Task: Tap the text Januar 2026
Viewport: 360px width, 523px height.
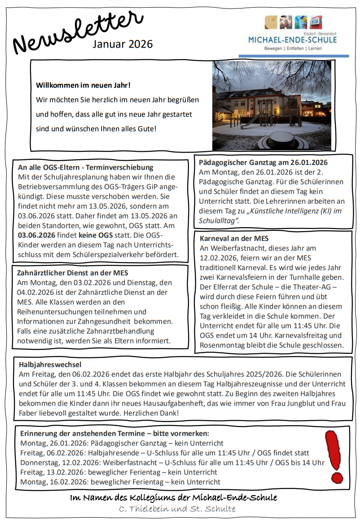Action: pos(123,44)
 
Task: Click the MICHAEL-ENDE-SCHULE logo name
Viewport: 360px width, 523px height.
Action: pos(293,40)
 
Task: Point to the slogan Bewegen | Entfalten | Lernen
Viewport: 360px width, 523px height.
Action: pos(293,48)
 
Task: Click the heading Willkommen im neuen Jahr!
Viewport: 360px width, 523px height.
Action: pos(83,85)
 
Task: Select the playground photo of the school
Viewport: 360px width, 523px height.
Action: pos(272,105)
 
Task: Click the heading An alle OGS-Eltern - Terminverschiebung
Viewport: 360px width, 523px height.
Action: pos(86,167)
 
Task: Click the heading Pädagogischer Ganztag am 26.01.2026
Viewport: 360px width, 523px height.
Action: pos(263,163)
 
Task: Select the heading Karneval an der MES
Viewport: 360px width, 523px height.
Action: pos(234,238)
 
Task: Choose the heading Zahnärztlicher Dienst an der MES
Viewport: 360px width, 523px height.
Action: pos(72,272)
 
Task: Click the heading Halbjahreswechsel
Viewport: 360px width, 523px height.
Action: pos(50,365)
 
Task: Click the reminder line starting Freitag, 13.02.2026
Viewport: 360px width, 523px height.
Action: pos(119,472)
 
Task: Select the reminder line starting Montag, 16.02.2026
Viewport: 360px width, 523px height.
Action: pos(120,482)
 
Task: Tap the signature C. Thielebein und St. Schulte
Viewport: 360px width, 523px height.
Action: pos(177,509)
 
